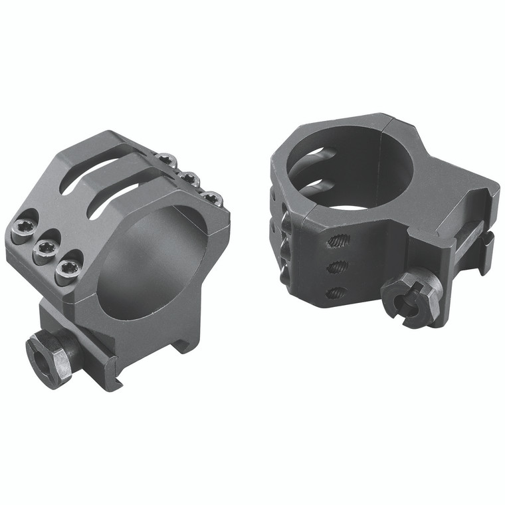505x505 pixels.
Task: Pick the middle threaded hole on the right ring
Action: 338,267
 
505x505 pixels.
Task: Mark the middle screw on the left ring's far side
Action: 191,178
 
